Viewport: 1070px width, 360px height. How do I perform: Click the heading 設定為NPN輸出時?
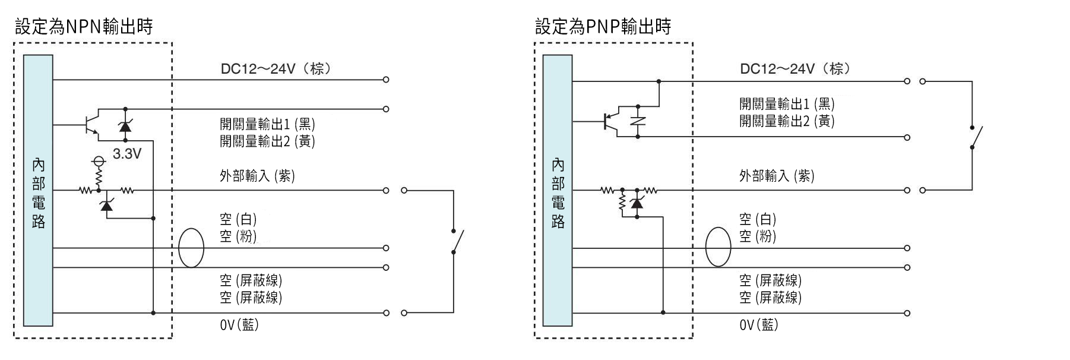tap(83, 26)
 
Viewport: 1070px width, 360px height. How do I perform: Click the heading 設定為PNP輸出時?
tap(603, 26)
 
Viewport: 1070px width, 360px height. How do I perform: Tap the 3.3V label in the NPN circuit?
tap(127, 154)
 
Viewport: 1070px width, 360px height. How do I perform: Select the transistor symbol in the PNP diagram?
tap(610, 121)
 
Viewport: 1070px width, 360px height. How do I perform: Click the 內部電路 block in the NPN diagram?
tap(39, 190)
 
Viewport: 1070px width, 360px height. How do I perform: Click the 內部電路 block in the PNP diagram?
tap(558, 190)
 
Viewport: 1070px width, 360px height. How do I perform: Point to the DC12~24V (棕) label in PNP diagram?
tap(794, 69)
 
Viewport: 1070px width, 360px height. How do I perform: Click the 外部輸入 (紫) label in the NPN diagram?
tap(257, 176)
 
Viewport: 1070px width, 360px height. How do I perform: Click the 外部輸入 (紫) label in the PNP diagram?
tap(777, 176)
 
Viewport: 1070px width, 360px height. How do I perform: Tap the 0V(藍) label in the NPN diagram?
tap(239, 325)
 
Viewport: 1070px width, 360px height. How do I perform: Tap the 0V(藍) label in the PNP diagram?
tap(759, 325)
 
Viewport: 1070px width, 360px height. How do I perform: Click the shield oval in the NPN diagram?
tap(191, 247)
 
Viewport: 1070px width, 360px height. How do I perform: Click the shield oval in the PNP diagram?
tap(718, 247)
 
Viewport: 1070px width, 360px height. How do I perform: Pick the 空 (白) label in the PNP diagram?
tap(758, 219)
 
